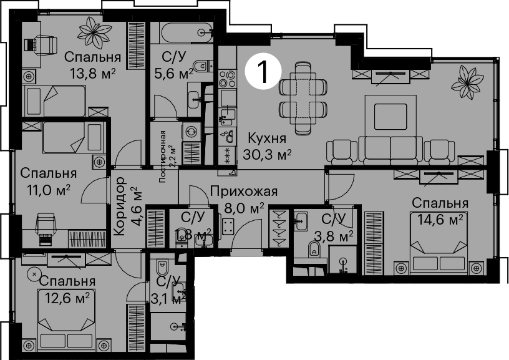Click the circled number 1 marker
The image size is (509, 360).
tap(263, 72)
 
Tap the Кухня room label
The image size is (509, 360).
tap(267, 139)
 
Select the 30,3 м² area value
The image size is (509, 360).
tap(267, 155)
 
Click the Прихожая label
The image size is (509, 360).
tap(243, 191)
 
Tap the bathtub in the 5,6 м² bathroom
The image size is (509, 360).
tap(187, 32)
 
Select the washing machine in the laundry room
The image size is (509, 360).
tap(191, 132)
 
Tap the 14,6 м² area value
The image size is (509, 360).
tap(440, 220)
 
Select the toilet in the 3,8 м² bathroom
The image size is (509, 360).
tap(313, 249)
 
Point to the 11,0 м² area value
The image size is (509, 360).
tap(49, 190)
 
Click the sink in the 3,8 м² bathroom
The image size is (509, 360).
tap(301, 221)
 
